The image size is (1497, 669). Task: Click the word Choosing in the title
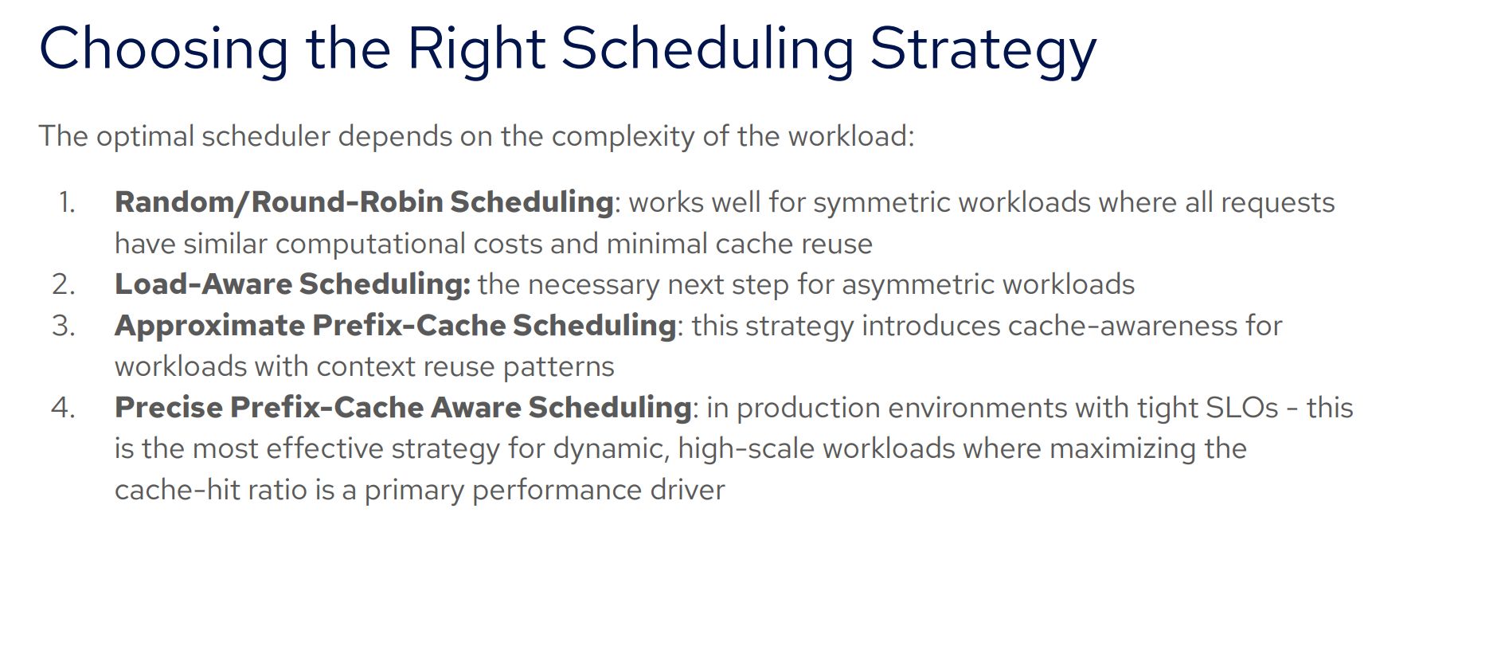[x=164, y=50]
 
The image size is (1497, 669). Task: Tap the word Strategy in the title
[x=983, y=50]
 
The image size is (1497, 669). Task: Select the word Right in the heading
[x=476, y=50]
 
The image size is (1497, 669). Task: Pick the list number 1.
[x=67, y=202]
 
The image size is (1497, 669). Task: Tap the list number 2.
[x=64, y=284]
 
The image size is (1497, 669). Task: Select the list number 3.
[x=64, y=326]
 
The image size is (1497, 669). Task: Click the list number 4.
[x=64, y=408]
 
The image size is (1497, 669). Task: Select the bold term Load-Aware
[x=203, y=284]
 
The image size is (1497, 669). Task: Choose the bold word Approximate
[x=209, y=327]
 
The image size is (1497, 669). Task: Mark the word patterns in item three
[x=559, y=367]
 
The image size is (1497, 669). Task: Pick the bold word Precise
[x=168, y=408]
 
